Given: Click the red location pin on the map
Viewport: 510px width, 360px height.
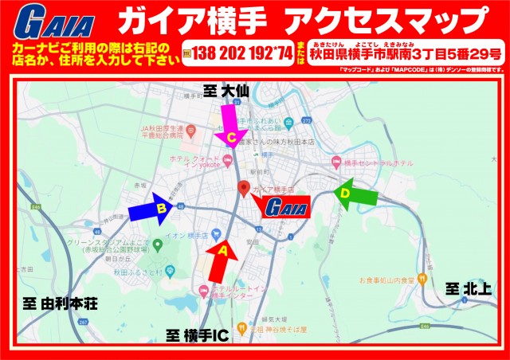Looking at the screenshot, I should pyautogui.click(x=245, y=190).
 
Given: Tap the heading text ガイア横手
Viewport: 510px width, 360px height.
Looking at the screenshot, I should pyautogui.click(x=190, y=19).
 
